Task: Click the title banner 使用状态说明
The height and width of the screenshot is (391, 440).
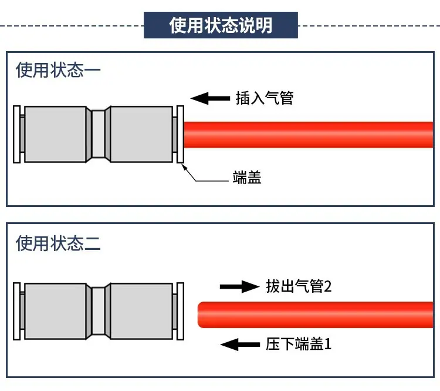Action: [221, 25]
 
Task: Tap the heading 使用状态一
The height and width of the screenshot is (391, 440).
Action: [58, 70]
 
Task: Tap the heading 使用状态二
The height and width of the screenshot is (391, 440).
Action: [58, 243]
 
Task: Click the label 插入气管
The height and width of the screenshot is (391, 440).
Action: [265, 98]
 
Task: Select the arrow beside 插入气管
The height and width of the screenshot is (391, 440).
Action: [210, 98]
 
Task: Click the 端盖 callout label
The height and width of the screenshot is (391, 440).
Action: [247, 177]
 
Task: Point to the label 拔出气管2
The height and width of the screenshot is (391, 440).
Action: [299, 286]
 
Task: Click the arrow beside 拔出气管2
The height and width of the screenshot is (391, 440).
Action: [239, 287]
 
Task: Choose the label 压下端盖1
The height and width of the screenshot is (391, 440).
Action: [299, 344]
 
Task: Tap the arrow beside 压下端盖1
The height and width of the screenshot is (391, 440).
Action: [240, 345]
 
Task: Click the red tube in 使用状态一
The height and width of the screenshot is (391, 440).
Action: [309, 135]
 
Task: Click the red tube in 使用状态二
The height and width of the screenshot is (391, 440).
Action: [316, 315]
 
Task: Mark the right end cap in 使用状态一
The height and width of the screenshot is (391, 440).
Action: [181, 134]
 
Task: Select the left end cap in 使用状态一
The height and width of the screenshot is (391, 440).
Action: [17, 134]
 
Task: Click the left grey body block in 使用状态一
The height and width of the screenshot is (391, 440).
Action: [55, 134]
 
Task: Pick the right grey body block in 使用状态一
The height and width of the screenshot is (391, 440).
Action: [141, 134]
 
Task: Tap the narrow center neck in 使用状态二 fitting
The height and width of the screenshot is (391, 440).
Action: [98, 311]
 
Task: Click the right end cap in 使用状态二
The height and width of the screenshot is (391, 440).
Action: [181, 311]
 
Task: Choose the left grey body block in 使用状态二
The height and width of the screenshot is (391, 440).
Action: [55, 311]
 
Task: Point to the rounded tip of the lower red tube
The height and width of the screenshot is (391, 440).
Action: [198, 315]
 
